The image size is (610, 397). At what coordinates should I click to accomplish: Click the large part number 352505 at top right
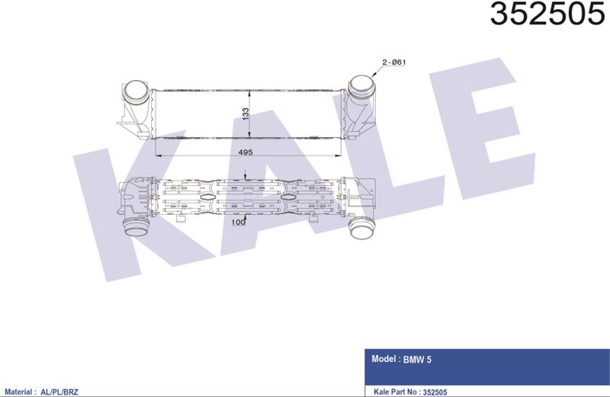pyautogui.click(x=547, y=14)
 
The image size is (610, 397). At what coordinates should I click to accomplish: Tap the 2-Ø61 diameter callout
pyautogui.click(x=394, y=62)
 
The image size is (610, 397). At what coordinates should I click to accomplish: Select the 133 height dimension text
pyautogui.click(x=246, y=114)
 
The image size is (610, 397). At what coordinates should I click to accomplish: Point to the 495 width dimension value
pyautogui.click(x=246, y=152)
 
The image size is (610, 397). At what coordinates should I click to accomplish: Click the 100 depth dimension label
pyautogui.click(x=238, y=222)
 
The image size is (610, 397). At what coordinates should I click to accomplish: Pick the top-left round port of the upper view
pyautogui.click(x=136, y=91)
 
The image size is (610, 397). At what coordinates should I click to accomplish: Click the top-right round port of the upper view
pyautogui.click(x=361, y=87)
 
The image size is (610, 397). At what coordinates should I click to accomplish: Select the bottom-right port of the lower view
pyautogui.click(x=362, y=229)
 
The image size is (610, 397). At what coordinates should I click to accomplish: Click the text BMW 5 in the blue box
pyautogui.click(x=417, y=360)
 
